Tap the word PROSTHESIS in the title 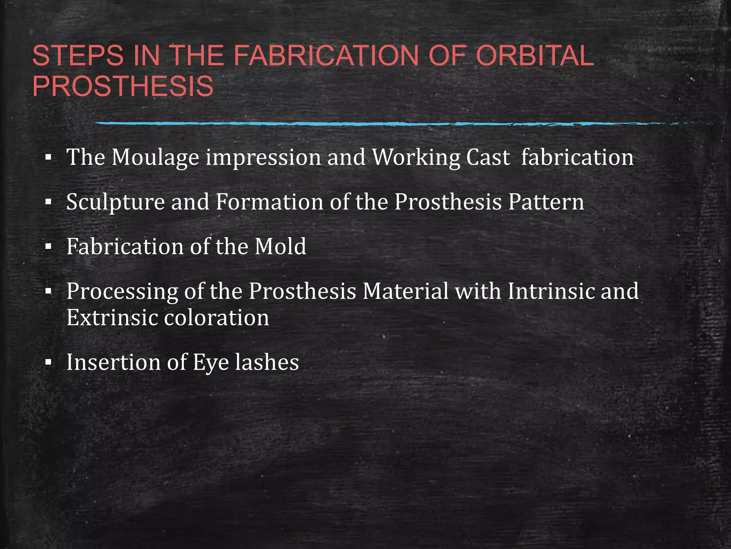[123, 86]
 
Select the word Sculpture [116, 202]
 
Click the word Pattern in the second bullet [546, 202]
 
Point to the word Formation [269, 202]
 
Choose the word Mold [280, 246]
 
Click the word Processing [122, 292]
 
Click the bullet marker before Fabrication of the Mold [49, 247]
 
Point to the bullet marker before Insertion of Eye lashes [49, 363]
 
